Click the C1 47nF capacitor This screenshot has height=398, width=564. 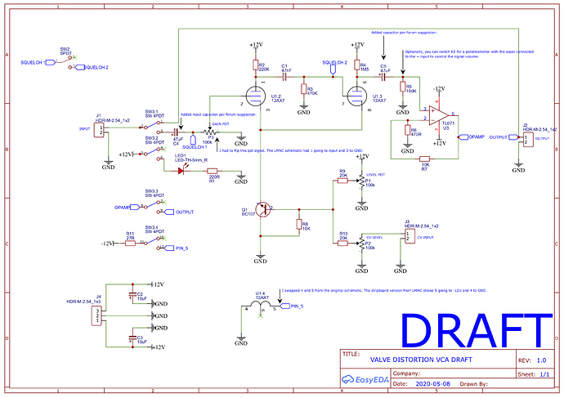[x=284, y=73]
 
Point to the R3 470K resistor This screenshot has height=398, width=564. [x=303, y=90]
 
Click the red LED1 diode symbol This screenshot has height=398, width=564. [x=181, y=170]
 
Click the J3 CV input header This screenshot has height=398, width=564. [x=406, y=237]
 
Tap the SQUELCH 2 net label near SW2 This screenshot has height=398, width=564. [x=91, y=67]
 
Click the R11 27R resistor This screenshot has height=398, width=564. [x=130, y=243]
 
